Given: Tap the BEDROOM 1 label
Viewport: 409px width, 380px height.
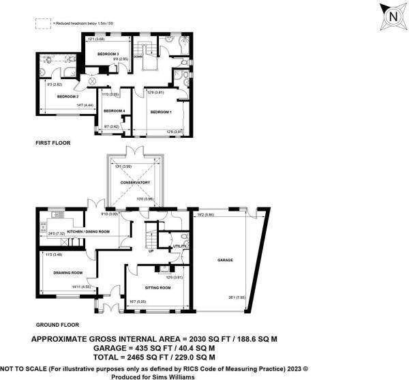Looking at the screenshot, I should [x=161, y=112].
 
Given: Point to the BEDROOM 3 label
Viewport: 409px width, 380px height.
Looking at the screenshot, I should [x=108, y=54].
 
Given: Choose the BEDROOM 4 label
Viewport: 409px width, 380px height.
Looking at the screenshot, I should [x=114, y=111].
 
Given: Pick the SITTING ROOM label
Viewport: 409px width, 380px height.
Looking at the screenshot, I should [x=155, y=288].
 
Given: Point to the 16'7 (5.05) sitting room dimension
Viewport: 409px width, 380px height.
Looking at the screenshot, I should [x=138, y=302].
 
